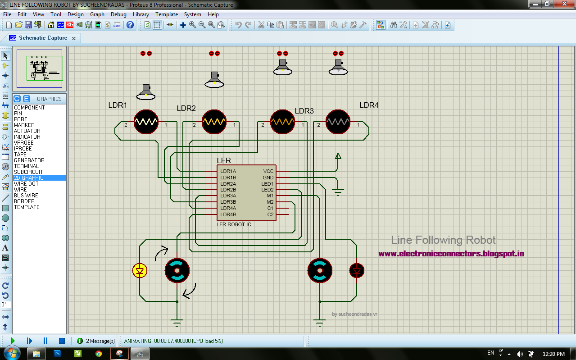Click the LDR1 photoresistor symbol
tap(146, 122)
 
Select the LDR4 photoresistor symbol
tap(338, 122)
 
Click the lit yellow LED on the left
tap(140, 270)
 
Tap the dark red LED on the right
tap(357, 270)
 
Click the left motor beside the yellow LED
tap(177, 270)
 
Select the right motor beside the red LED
tap(320, 270)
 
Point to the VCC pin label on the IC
tap(268, 171)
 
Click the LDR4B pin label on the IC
tap(228, 214)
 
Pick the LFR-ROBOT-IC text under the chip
tap(234, 224)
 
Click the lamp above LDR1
tap(146, 92)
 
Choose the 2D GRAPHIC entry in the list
tap(29, 178)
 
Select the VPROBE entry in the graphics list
tap(23, 143)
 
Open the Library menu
tap(141, 14)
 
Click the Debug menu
tap(118, 14)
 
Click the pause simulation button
tap(45, 341)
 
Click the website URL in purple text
tap(451, 254)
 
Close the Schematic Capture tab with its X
tap(74, 38)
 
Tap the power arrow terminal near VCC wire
tap(338, 156)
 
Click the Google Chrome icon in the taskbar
tap(99, 354)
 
